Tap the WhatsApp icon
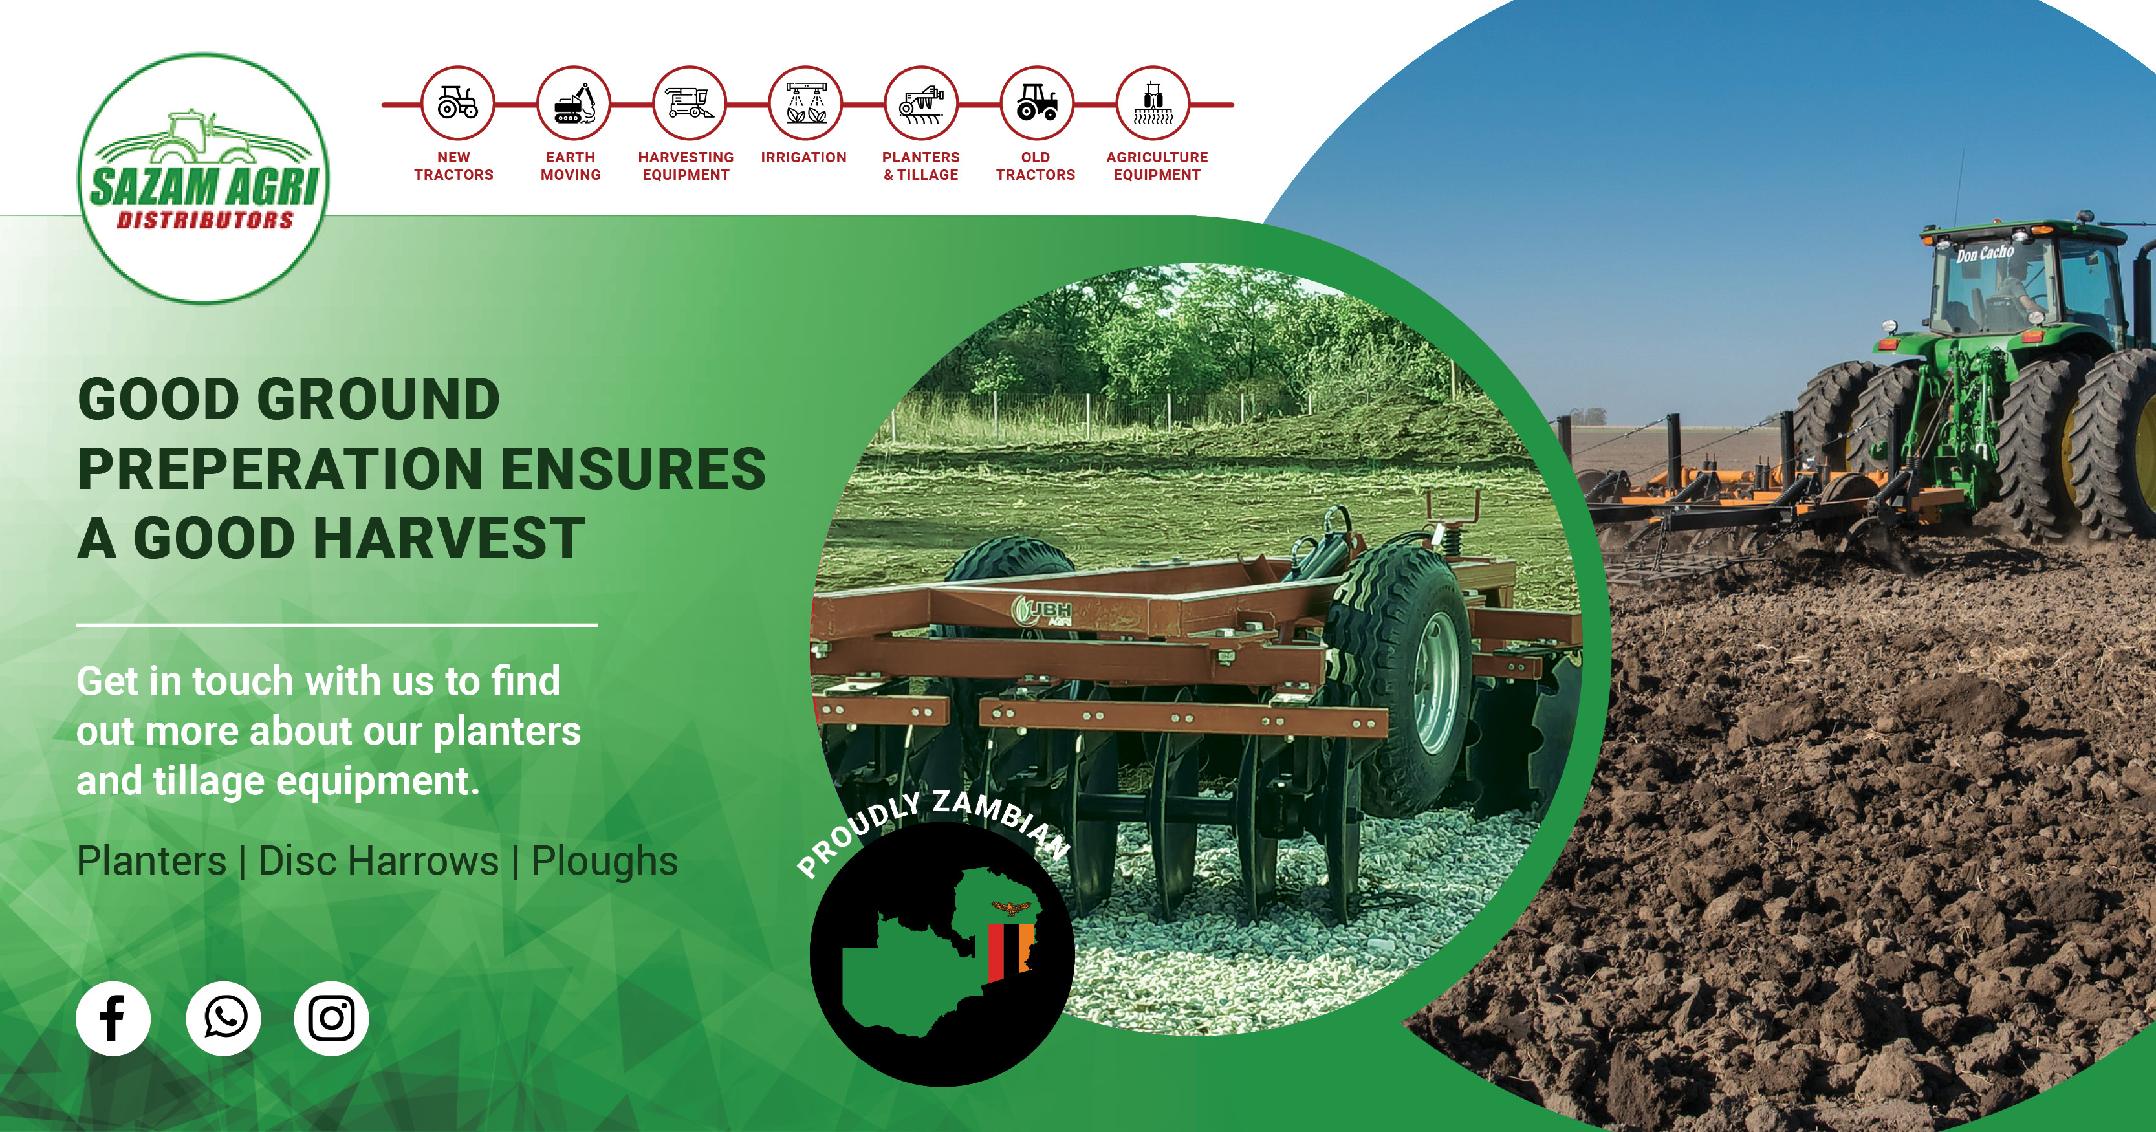click(x=223, y=1018)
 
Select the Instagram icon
click(x=331, y=1018)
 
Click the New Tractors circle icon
click(x=457, y=103)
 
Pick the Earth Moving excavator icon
click(x=572, y=103)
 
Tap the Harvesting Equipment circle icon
click(x=689, y=103)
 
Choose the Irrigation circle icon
click(x=804, y=103)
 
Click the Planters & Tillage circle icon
click(x=920, y=103)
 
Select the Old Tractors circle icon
click(x=1036, y=103)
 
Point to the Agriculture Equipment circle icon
click(x=1153, y=103)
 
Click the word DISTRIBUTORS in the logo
click(x=205, y=220)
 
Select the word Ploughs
click(x=604, y=861)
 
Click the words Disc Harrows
click(x=378, y=861)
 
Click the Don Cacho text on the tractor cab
click(x=1985, y=253)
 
